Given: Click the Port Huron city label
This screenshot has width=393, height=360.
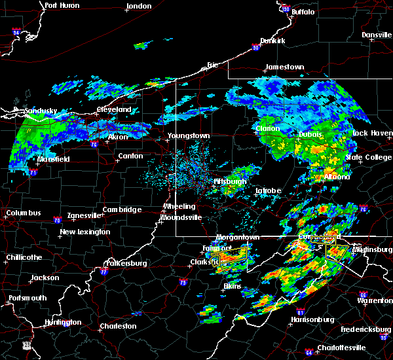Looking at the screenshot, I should tap(63, 5).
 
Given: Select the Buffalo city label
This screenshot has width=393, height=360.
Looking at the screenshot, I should tap(303, 12).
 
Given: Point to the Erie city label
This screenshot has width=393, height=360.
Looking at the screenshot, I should tap(212, 65).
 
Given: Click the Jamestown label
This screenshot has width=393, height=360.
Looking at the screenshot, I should tap(284, 67).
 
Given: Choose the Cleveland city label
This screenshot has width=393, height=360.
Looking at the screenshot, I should tap(114, 110).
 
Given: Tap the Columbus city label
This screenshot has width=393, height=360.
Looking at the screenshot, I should tap(24, 213).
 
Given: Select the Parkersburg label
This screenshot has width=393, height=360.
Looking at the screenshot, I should tap(125, 264).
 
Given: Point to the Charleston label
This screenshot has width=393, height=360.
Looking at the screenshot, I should tap(118, 326).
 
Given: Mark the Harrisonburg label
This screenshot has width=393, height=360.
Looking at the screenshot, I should tap(312, 320).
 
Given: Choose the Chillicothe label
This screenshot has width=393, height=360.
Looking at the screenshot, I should tap(24, 257).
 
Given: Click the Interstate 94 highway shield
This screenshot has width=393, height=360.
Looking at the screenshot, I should tap(16, 31).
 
